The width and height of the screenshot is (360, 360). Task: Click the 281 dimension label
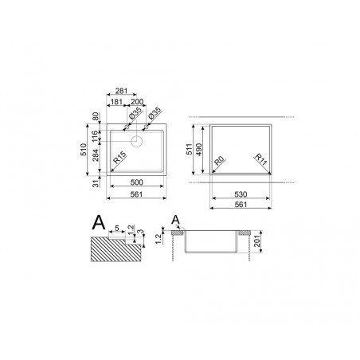pyautogui.click(x=121, y=91)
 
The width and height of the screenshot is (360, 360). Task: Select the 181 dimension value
pyautogui.click(x=116, y=102)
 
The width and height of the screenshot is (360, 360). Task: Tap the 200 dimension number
pyautogui.click(x=137, y=102)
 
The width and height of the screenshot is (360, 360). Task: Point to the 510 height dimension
pyautogui.click(x=84, y=150)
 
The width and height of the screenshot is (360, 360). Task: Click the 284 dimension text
pyautogui.click(x=96, y=155)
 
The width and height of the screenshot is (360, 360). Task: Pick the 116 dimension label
pyautogui.click(x=95, y=136)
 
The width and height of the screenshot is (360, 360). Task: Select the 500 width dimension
pyautogui.click(x=137, y=182)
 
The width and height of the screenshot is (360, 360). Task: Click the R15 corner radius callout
pyautogui.click(x=119, y=158)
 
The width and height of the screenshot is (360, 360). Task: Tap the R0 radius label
pyautogui.click(x=219, y=161)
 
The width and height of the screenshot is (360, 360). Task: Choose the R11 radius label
pyautogui.click(x=260, y=159)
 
